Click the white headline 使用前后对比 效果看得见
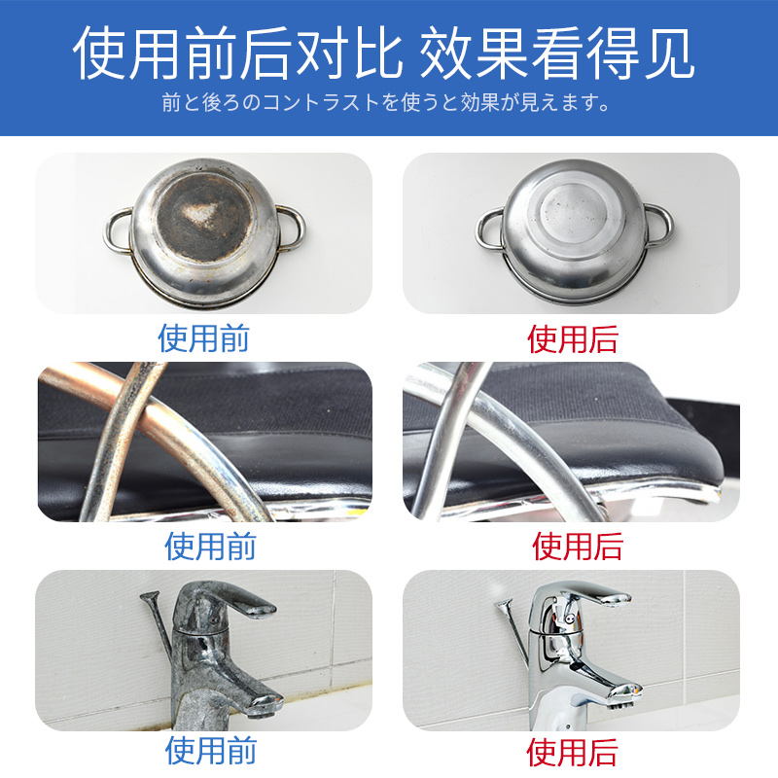[x=382, y=53]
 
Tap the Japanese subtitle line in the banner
[x=385, y=102]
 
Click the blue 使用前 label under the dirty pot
[x=203, y=338]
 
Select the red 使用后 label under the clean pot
[x=573, y=339]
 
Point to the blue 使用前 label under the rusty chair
[x=210, y=547]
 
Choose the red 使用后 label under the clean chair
[x=578, y=547]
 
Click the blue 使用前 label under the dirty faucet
[x=211, y=750]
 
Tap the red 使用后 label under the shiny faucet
[x=572, y=752]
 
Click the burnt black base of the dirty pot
[x=204, y=217]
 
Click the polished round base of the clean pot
[x=574, y=214]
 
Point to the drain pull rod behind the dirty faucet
[x=158, y=626]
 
